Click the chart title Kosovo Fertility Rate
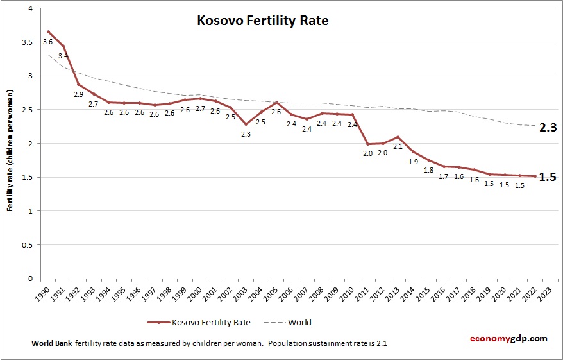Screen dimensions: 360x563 click(262, 21)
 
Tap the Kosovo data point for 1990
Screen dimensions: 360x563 click(49, 31)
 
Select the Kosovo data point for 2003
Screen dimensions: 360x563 click(246, 124)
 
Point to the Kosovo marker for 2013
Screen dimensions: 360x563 click(398, 137)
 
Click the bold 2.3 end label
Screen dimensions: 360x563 click(547, 128)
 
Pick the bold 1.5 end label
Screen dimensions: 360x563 click(547, 177)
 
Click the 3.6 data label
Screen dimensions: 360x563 click(47, 42)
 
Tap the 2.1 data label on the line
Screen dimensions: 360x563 click(398, 147)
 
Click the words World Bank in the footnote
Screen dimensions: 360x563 click(51, 343)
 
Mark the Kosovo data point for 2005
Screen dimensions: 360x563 click(276, 102)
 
